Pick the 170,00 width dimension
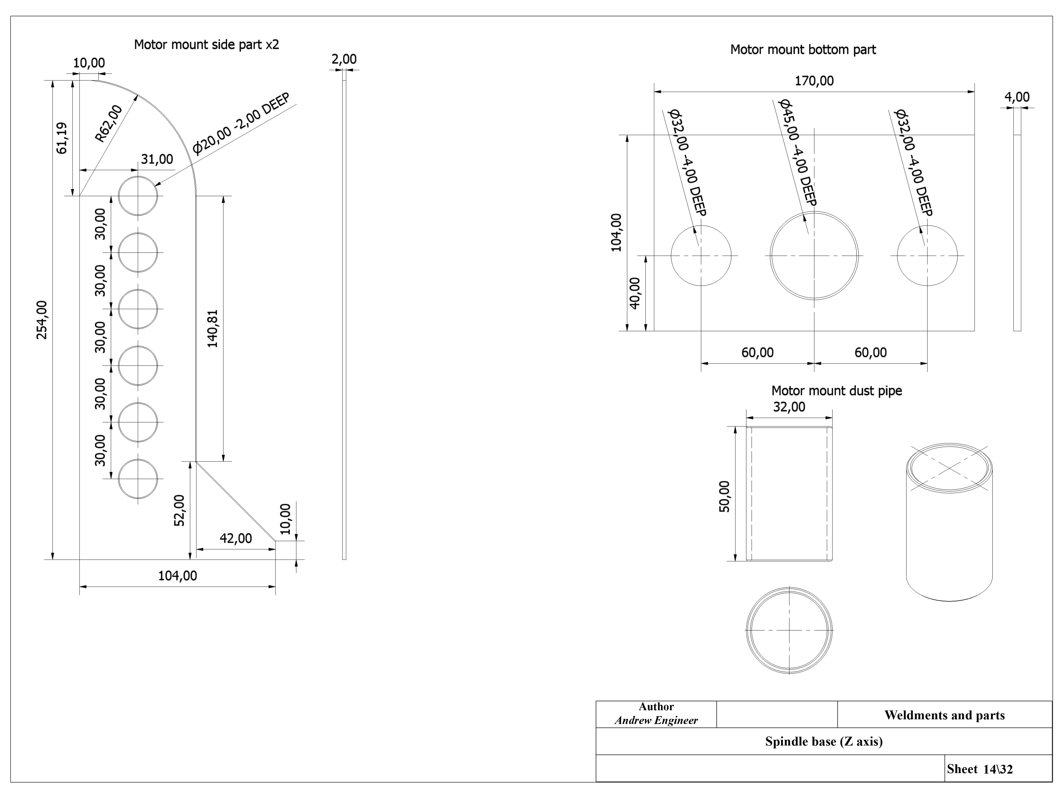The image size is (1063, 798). point(814,81)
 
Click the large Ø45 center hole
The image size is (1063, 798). point(814,255)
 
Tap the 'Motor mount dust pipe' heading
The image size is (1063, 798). point(837,391)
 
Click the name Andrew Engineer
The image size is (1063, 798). point(656,720)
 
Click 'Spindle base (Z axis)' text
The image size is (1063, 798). point(824,741)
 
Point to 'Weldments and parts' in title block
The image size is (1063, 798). point(944,715)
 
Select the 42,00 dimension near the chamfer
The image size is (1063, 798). point(235,538)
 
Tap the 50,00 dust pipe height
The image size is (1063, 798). point(724,496)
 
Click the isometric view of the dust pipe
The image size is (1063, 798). point(949,522)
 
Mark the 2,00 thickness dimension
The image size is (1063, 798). point(344,59)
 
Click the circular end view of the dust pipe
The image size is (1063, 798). point(789,630)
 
